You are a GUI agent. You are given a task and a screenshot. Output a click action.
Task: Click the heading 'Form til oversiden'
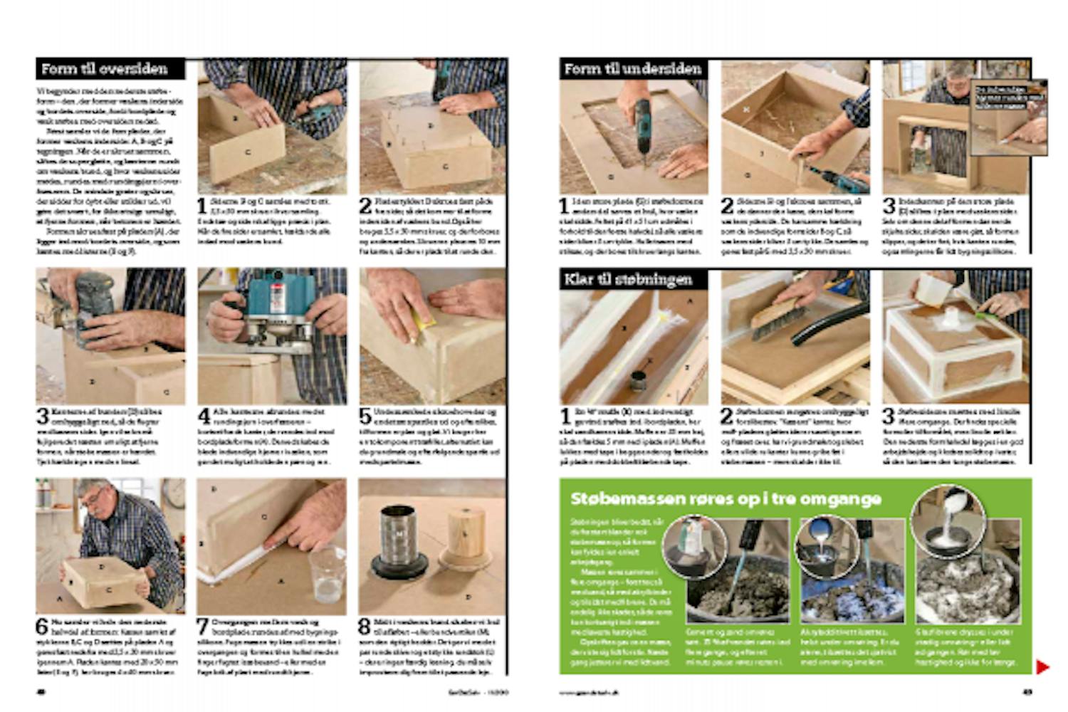tap(105, 69)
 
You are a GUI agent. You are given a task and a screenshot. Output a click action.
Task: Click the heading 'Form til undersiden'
tap(632, 69)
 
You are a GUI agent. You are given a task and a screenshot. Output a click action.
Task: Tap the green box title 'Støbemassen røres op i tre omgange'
tap(726, 498)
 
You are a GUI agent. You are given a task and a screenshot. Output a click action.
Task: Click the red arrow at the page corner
tap(1042, 667)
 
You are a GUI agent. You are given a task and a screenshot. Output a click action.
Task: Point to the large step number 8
tap(365, 627)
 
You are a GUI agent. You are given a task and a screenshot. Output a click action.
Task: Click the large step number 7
tap(204, 627)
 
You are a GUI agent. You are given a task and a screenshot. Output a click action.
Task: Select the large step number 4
tap(204, 417)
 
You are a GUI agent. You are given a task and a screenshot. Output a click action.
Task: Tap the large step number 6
tap(42, 627)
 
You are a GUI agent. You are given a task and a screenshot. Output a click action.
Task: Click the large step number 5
tap(365, 417)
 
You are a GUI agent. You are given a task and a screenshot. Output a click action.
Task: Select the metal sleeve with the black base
tap(399, 541)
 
